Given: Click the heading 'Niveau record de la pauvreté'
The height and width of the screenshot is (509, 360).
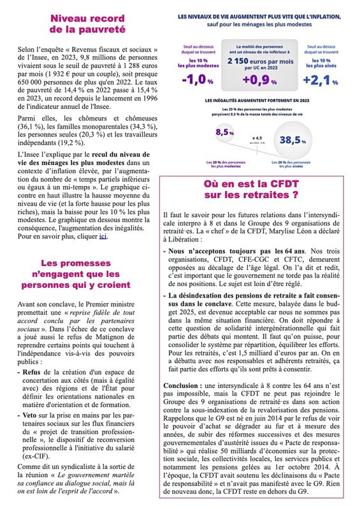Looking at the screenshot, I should [89, 23].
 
